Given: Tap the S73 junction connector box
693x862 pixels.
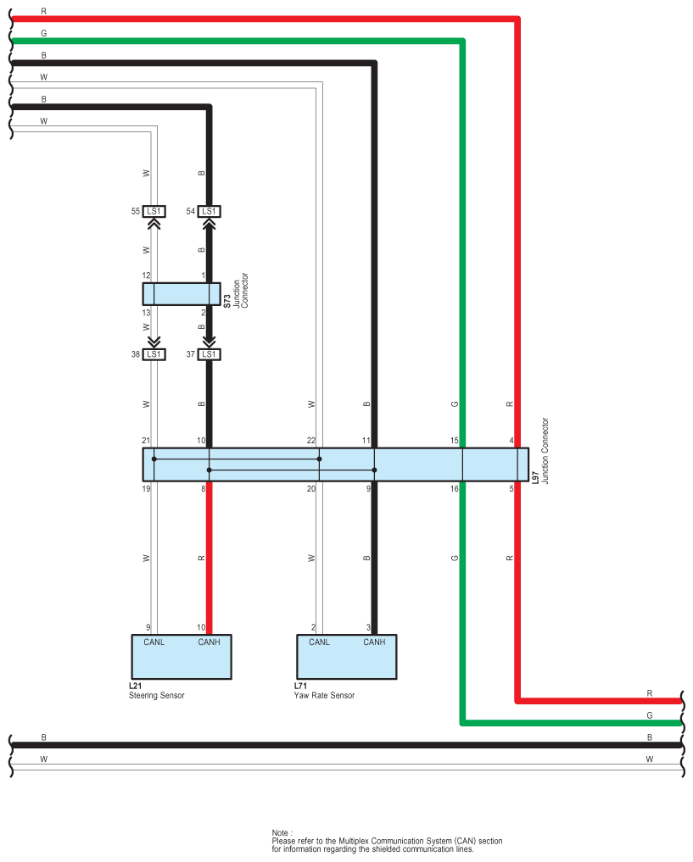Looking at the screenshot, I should tap(181, 294).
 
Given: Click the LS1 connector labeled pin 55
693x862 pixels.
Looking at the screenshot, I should tap(154, 211).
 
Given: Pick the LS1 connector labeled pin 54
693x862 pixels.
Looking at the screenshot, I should tap(209, 211).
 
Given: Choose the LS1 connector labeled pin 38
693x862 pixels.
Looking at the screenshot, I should tap(154, 354).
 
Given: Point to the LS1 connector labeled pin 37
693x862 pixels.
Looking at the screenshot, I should tap(209, 354).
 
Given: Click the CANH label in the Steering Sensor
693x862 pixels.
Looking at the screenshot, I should tap(209, 642).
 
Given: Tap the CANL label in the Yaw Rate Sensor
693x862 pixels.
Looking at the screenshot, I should tap(319, 642).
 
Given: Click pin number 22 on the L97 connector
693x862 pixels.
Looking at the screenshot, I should tap(311, 441).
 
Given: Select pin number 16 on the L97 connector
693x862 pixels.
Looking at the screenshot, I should tap(455, 489).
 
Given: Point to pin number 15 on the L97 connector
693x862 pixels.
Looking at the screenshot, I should tap(455, 441).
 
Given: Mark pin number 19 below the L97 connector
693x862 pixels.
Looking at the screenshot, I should tap(146, 489).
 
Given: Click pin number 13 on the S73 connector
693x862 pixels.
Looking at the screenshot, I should tap(146, 313).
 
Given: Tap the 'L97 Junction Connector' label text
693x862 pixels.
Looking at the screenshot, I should tap(540, 451).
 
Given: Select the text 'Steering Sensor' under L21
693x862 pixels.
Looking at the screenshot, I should tap(156, 696).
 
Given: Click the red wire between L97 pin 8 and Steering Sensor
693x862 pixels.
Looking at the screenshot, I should tap(209, 559).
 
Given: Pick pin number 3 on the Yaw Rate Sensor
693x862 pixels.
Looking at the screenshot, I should tap(368, 627).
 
